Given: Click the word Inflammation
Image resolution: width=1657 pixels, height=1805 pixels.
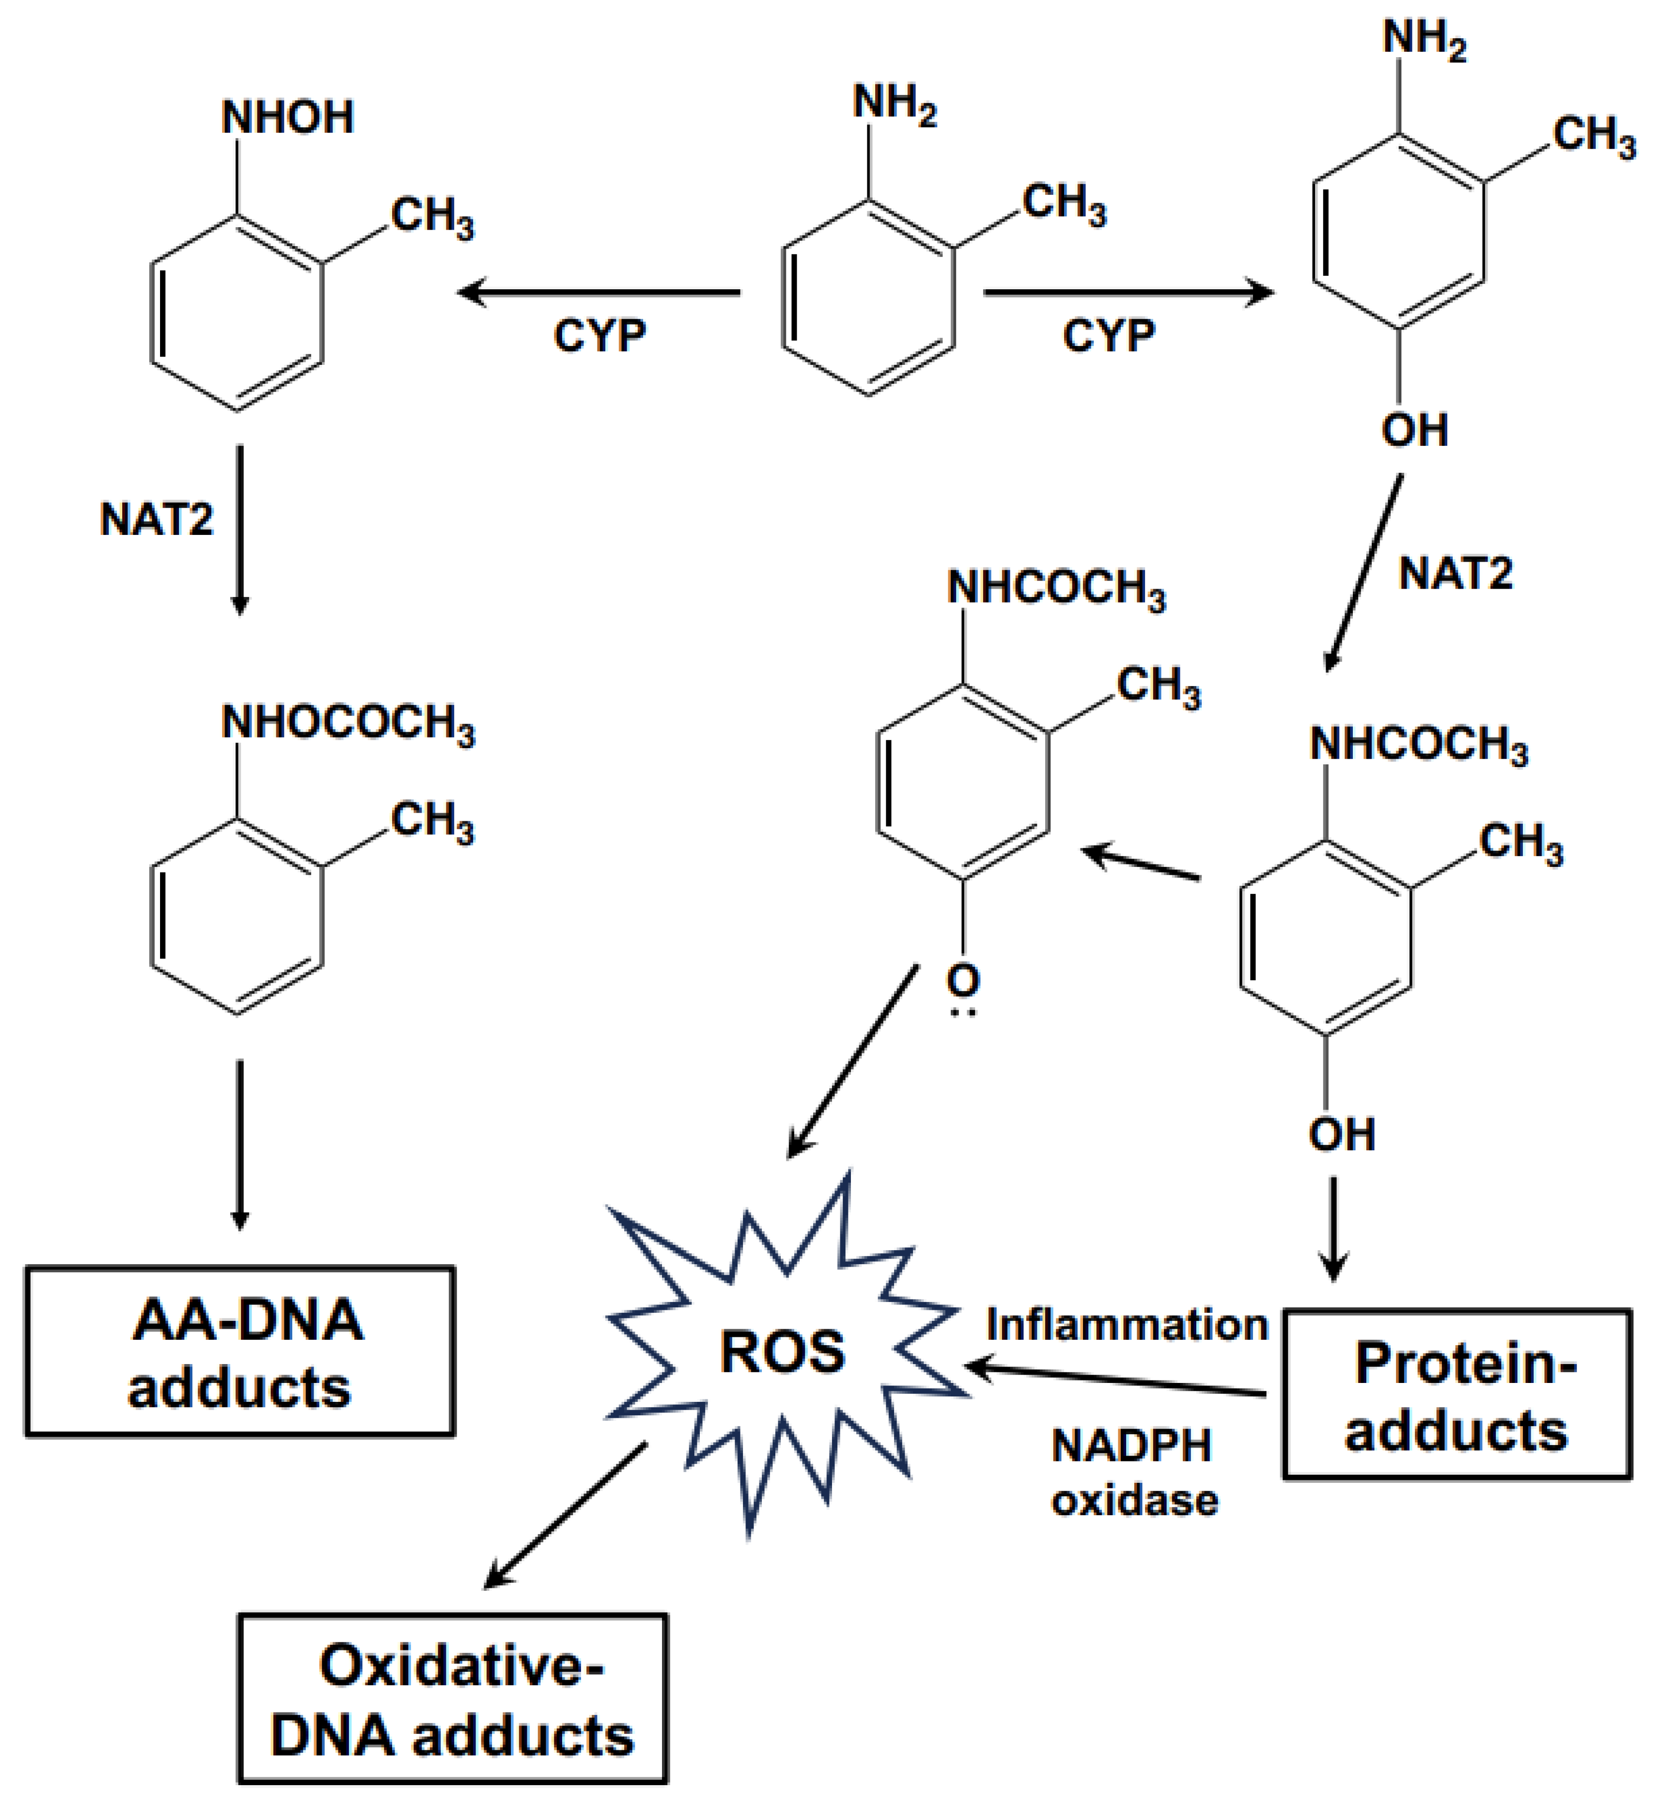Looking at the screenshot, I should [1127, 1324].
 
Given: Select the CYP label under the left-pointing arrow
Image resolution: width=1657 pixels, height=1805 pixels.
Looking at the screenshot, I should [599, 336].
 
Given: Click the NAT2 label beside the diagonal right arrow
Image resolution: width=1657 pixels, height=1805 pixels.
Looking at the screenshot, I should [1455, 573].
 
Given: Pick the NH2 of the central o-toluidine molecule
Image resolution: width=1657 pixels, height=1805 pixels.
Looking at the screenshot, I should [894, 103].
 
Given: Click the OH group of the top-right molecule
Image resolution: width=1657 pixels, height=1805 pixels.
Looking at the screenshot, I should [1414, 430].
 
